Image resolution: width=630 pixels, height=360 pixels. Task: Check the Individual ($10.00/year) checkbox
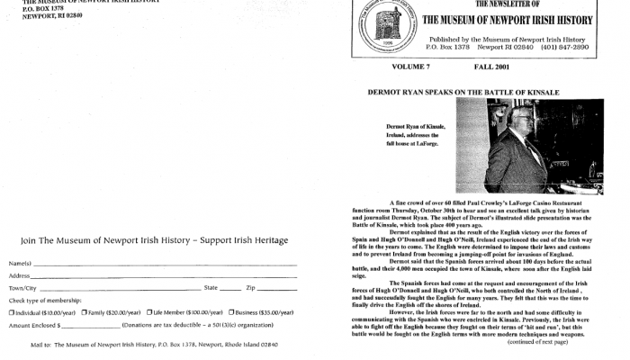click(x=12, y=312)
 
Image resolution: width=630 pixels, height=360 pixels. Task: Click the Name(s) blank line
click(x=162, y=264)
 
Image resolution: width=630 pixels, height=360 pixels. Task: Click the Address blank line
click(x=162, y=276)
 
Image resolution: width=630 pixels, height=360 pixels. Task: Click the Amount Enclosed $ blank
click(x=90, y=325)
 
